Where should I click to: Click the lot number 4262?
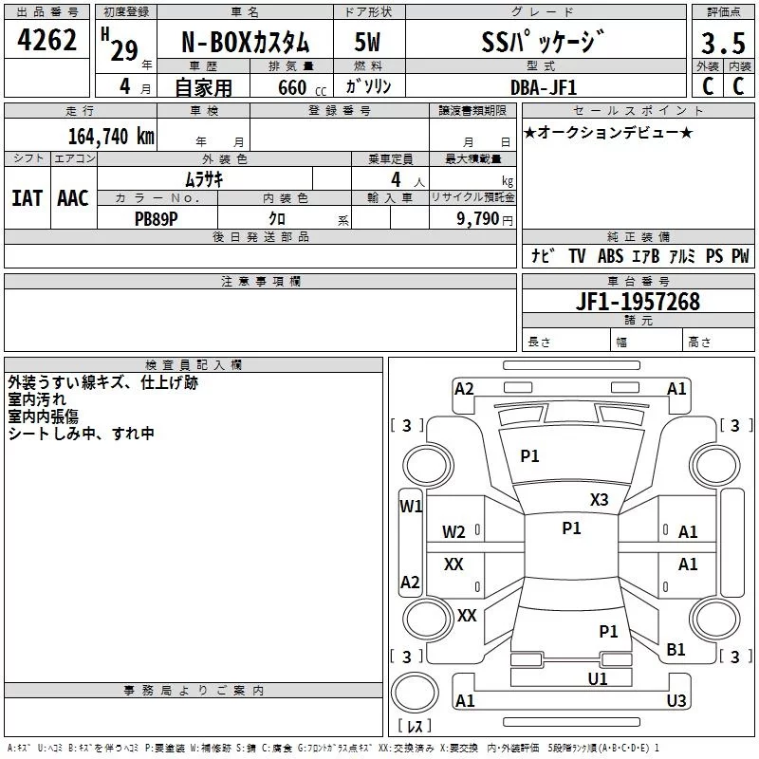(46, 40)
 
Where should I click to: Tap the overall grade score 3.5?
(723, 43)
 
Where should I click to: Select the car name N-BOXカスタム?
(245, 43)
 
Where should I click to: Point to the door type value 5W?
(367, 42)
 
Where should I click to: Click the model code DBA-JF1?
(544, 87)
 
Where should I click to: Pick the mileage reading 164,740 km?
(111, 137)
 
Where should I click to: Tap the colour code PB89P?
(156, 219)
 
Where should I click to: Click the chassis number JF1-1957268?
(638, 302)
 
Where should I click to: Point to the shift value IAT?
(28, 198)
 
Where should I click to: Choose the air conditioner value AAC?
(73, 198)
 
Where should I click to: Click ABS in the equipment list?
(610, 256)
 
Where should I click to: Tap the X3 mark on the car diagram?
(599, 500)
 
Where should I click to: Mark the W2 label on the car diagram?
(454, 532)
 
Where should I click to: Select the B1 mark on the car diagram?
(676, 650)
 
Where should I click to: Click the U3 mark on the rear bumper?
(676, 700)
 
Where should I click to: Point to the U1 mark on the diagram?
(598, 679)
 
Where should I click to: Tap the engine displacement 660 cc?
(302, 88)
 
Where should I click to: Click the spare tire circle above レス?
(415, 693)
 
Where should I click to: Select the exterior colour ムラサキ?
(204, 179)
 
